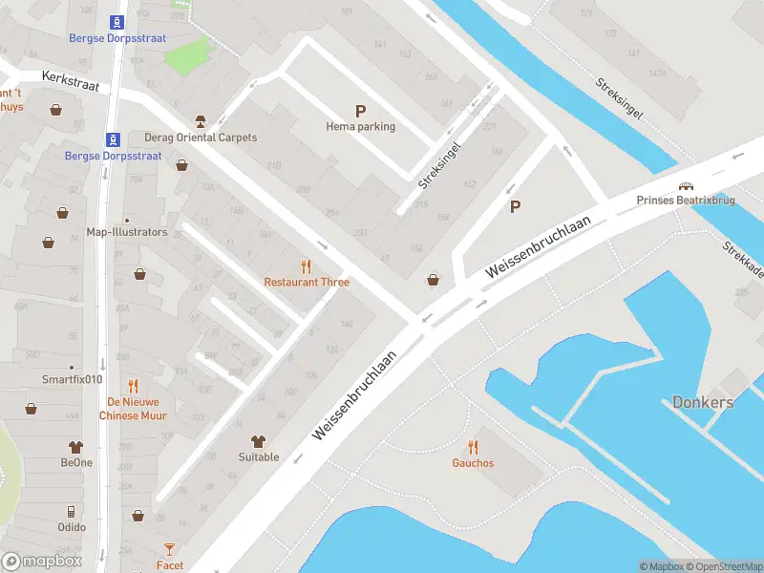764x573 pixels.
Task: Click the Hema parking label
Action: (360, 127)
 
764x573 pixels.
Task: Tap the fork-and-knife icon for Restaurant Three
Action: (307, 267)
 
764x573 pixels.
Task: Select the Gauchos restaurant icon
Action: (473, 447)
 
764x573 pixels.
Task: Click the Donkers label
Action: (703, 402)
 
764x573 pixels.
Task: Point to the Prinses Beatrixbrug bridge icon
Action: (686, 186)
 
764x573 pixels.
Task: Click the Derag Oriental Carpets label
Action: (201, 138)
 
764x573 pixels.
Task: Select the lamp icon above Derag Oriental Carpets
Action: (201, 121)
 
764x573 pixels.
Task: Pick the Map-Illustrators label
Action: (127, 232)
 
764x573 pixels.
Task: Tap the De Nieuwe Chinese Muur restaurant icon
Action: (133, 387)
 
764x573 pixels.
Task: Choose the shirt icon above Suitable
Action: (258, 441)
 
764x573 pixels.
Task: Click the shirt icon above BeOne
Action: (76, 447)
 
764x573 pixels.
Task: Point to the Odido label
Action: (72, 527)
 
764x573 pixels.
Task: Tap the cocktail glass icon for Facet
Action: (170, 549)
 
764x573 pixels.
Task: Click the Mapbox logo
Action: (41, 562)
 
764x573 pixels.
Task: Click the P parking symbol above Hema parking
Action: (360, 111)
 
